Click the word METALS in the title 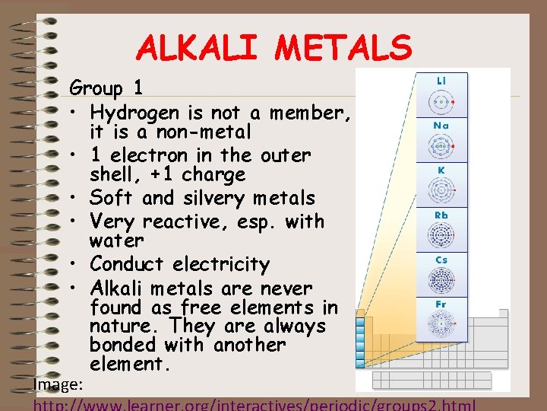coord(343,48)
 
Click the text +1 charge coord(197,174)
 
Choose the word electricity coord(221,265)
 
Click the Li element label coord(441,80)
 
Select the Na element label coord(441,125)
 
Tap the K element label coord(441,170)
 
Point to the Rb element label coord(441,215)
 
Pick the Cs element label coord(441,260)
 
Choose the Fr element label coord(441,304)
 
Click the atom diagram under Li coord(441,101)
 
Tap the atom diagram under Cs coord(441,282)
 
